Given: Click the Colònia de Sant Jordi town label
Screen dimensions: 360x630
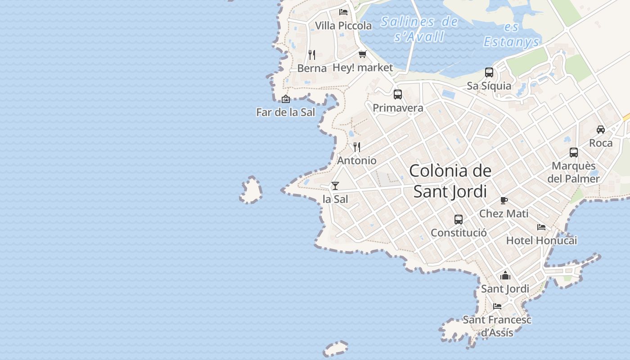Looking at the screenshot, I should pos(450,181).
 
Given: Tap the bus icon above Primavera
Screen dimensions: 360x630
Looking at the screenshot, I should pos(398,94).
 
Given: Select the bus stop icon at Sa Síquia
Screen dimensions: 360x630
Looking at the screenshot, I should pos(489,72).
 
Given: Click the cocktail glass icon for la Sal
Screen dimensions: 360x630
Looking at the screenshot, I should pos(335,185).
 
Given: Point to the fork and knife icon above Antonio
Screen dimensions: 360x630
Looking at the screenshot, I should pos(357,147).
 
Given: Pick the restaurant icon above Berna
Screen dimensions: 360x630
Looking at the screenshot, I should pos(312,55).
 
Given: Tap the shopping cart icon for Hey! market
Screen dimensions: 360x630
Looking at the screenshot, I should pos(363,54).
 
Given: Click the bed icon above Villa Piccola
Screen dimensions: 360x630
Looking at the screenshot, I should pos(343,12).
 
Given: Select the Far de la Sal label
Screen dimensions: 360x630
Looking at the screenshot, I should pos(286,112).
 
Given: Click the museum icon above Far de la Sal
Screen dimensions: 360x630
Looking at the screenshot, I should pos(286,99).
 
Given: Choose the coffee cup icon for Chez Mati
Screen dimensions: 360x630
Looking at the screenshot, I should pos(504,200).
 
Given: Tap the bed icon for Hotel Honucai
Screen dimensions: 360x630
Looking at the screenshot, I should pos(541,227).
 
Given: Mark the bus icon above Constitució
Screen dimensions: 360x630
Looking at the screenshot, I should pos(459,220).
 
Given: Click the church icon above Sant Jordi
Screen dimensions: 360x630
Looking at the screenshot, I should pos(505,275).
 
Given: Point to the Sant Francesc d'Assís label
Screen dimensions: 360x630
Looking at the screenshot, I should pos(497,326).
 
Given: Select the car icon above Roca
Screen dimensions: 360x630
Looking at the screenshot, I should pos(601,130).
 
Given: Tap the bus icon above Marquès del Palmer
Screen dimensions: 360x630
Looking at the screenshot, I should pos(574,153).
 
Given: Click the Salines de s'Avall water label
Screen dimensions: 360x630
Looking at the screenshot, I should pos(419,29).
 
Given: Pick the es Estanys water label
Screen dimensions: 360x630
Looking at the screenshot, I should pos(512,35).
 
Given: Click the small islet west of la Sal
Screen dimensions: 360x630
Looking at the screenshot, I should pos(251,190).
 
